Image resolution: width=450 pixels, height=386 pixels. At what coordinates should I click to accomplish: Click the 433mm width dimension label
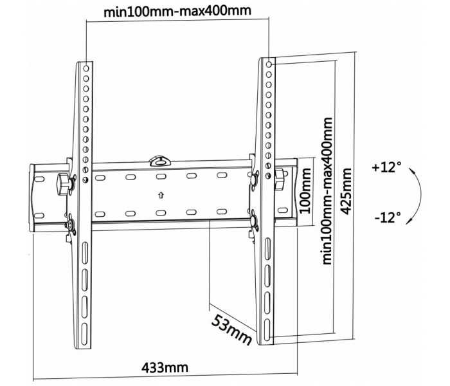pos(165,367)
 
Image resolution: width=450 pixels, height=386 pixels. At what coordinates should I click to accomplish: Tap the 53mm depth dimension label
pos(232,329)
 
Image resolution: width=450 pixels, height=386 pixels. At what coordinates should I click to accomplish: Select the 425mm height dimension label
pos(346,191)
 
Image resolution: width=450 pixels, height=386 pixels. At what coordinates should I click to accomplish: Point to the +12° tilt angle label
pos(386,167)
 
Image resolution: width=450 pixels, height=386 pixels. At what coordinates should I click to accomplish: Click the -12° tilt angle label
pos(388,217)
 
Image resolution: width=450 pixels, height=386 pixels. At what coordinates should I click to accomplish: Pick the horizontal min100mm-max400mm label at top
pos(177,12)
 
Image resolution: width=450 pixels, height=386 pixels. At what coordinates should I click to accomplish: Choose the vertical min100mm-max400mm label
pos(327,190)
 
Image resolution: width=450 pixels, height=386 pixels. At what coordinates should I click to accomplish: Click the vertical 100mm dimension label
pos(305,190)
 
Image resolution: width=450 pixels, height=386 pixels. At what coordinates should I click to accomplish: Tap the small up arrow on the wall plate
pos(161,196)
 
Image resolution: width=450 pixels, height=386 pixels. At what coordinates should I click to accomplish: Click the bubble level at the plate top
pos(160,161)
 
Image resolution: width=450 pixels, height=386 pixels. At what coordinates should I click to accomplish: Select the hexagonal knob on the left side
pos(64,184)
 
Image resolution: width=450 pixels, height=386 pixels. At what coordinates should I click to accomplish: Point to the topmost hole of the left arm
pos(86,69)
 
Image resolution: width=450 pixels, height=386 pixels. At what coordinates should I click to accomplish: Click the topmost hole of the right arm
pos(269,64)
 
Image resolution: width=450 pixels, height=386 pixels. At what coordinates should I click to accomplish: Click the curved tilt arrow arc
pos(420,196)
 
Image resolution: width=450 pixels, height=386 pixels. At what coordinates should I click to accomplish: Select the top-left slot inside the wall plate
pos(100,178)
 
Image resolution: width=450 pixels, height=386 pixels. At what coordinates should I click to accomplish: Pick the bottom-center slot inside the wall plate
pos(161,213)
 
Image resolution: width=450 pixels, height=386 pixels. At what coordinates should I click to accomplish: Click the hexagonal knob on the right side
pos(279,179)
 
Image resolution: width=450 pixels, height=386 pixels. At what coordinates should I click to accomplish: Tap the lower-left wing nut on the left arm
pos(70,225)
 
